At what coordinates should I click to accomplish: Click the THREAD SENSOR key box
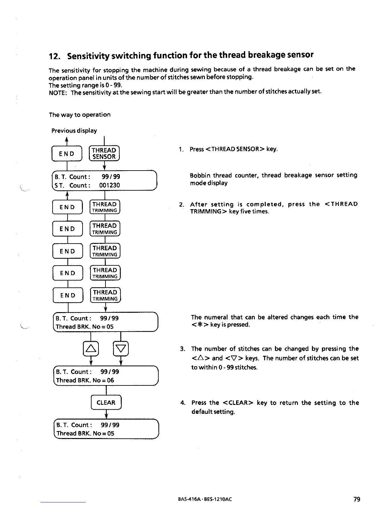coord(104,153)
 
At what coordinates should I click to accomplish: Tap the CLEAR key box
coord(106,403)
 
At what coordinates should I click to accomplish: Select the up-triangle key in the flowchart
coord(91,348)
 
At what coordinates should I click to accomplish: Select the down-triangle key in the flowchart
coord(121,348)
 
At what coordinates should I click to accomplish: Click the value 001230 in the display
coord(110,185)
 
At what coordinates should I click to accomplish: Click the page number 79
coord(357,499)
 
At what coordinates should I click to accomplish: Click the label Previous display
coord(74,131)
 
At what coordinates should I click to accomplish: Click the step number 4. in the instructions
coord(183,403)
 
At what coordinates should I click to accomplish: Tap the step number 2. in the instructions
coord(181,204)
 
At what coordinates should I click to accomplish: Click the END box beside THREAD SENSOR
coord(67,154)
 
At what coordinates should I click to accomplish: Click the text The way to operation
coord(80,115)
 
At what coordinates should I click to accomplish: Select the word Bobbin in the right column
coord(200,175)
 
